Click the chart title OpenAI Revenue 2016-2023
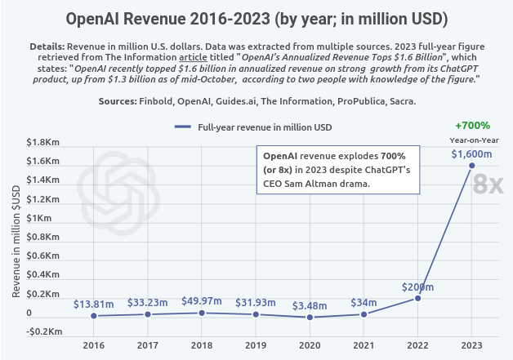coord(256,18)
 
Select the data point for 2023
coord(471,166)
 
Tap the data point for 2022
coord(417,298)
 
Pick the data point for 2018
coord(202,313)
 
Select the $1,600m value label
coord(471,154)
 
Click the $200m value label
coord(417,287)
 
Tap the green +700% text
coord(472,126)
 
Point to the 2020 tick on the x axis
coord(310,345)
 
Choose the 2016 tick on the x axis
coord(93,345)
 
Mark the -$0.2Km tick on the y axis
coord(46,331)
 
